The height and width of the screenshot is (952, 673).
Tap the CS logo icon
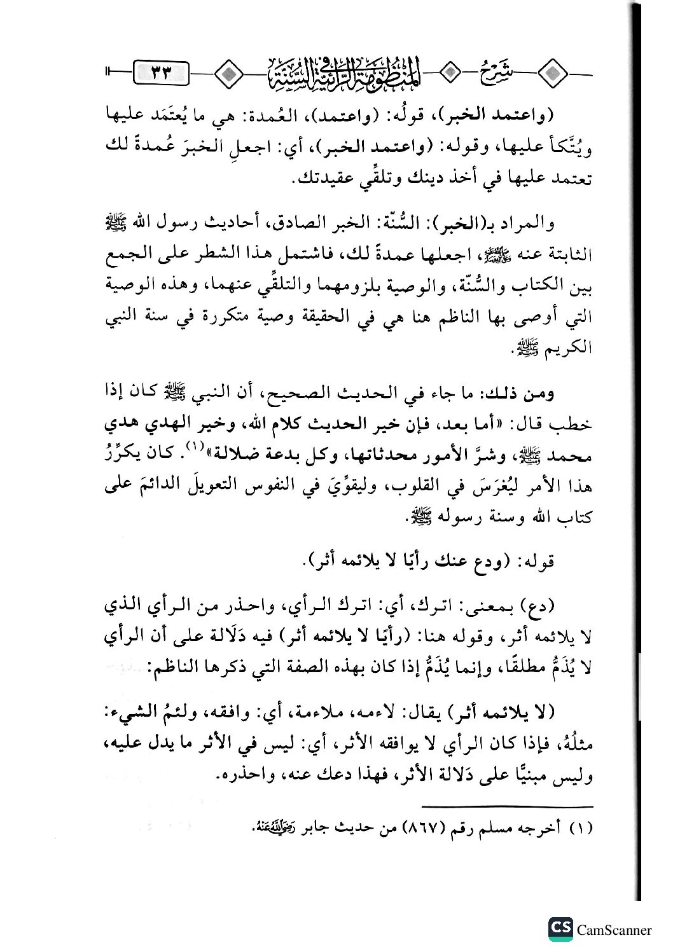[560, 929]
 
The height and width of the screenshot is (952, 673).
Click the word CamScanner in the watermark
[614, 930]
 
